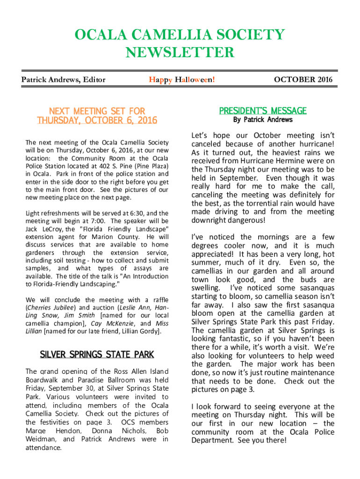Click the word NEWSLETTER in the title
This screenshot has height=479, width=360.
180,52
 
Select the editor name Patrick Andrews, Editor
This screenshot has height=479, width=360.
64,80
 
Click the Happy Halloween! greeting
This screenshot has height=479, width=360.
182,80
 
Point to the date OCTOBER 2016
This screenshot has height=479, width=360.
303,80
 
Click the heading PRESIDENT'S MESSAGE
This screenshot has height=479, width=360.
263,111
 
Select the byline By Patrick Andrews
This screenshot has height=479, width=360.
263,120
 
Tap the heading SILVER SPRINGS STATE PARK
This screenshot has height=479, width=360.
97,355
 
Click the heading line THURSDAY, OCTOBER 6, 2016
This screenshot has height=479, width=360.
97,121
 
